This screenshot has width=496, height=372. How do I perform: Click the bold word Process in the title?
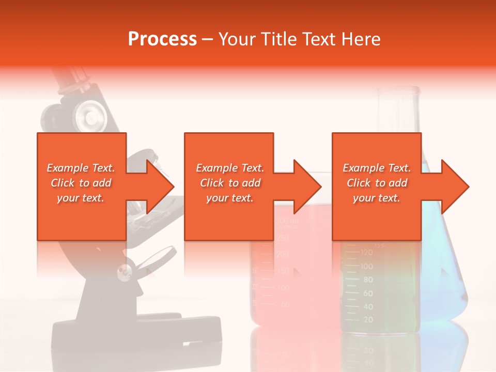(162, 39)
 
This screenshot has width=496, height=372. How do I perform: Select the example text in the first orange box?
(81, 183)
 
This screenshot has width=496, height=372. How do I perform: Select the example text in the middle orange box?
(230, 183)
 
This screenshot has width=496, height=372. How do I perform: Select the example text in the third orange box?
(377, 183)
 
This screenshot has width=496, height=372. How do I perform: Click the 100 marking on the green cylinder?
(366, 267)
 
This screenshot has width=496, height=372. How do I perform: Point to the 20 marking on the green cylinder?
(368, 320)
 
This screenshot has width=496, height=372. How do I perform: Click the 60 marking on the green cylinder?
(367, 293)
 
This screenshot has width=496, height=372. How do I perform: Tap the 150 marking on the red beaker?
(282, 270)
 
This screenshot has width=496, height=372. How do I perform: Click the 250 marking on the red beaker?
(282, 238)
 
